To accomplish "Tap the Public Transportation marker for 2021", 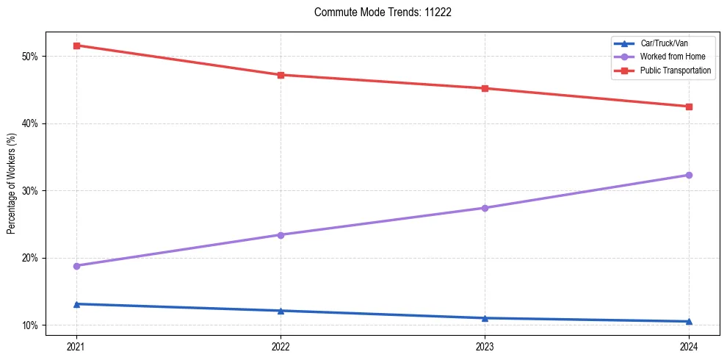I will [x=76, y=46].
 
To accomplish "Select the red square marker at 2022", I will [x=281, y=75].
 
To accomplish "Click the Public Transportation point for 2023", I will [x=485, y=88].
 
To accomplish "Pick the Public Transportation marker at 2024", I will [x=689, y=107].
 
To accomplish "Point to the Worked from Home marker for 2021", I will [x=76, y=266].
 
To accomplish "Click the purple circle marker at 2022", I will [x=281, y=235].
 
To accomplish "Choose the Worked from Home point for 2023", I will [x=485, y=208].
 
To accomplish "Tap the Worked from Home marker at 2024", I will [x=689, y=175].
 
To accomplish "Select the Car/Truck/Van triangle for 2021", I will [x=76, y=304].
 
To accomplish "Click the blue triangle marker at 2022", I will [x=281, y=311].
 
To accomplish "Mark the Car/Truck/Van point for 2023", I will [x=485, y=318].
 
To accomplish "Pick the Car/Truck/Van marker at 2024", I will [x=689, y=321].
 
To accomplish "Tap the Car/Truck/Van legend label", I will [x=665, y=43].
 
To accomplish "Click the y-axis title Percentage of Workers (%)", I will [x=12, y=184].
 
